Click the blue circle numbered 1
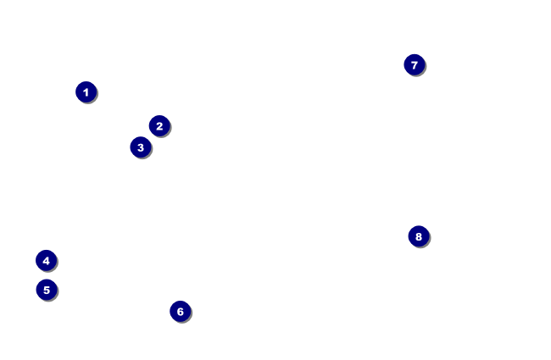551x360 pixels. [x=86, y=91]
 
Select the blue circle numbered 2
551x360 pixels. [x=159, y=126]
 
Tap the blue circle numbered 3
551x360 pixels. [x=141, y=147]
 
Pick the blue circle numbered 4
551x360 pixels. [x=46, y=261]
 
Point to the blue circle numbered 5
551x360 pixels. [x=46, y=290]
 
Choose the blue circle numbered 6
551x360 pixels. [x=180, y=312]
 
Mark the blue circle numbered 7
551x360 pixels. [x=414, y=65]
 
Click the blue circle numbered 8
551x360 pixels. [x=419, y=236]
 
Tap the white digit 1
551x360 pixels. [x=86, y=91]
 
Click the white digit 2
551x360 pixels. [x=159, y=126]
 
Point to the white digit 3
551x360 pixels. [x=141, y=147]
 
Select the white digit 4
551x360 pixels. [x=46, y=261]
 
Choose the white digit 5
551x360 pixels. [x=46, y=290]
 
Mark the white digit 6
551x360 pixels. [x=180, y=312]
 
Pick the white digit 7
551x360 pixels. [x=414, y=65]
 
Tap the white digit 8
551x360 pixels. [x=419, y=236]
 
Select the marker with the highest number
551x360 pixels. [x=419, y=236]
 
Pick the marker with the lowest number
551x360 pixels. [x=86, y=91]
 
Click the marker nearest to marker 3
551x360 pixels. [x=159, y=126]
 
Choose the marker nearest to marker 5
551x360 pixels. [x=46, y=261]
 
